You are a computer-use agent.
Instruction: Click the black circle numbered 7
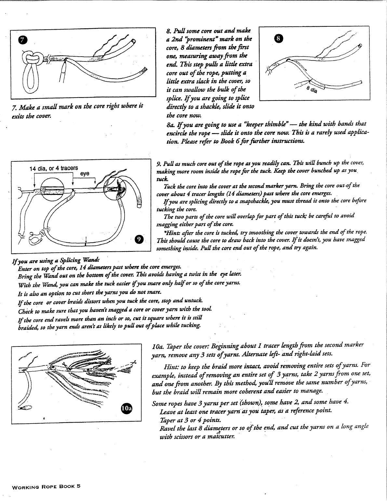(22, 40)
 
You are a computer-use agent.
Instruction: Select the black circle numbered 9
(139, 239)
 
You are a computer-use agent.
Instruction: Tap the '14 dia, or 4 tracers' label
(54, 168)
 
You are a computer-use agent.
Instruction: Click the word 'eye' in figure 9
(85, 174)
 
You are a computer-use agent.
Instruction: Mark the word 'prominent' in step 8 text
(203, 39)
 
